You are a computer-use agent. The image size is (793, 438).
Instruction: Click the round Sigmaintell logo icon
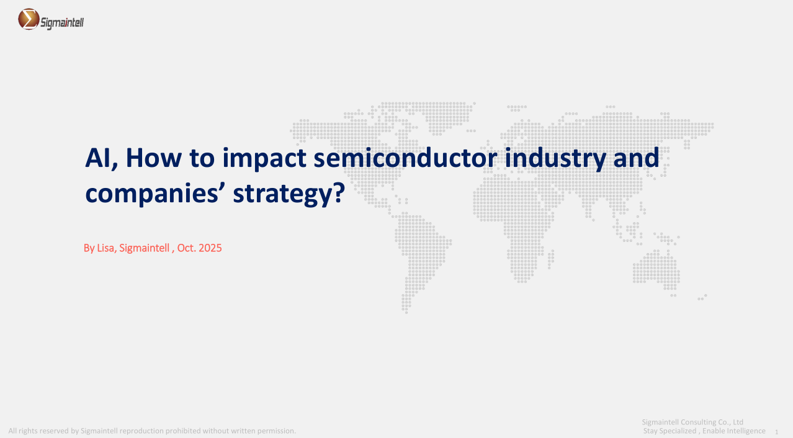click(x=29, y=19)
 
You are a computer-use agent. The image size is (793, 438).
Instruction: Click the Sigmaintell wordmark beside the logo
click(x=62, y=23)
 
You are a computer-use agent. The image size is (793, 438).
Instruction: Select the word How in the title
click(x=154, y=158)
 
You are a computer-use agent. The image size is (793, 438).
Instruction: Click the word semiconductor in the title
click(x=405, y=158)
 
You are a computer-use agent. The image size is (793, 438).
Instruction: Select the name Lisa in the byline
click(x=105, y=248)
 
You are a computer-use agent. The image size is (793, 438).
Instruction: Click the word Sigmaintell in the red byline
click(x=144, y=248)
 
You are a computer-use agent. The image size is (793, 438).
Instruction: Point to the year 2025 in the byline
click(x=210, y=248)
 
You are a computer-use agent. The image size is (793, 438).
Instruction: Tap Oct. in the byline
click(x=187, y=248)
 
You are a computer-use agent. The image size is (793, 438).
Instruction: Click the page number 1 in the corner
click(x=776, y=432)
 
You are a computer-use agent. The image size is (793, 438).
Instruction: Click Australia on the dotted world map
click(x=656, y=269)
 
